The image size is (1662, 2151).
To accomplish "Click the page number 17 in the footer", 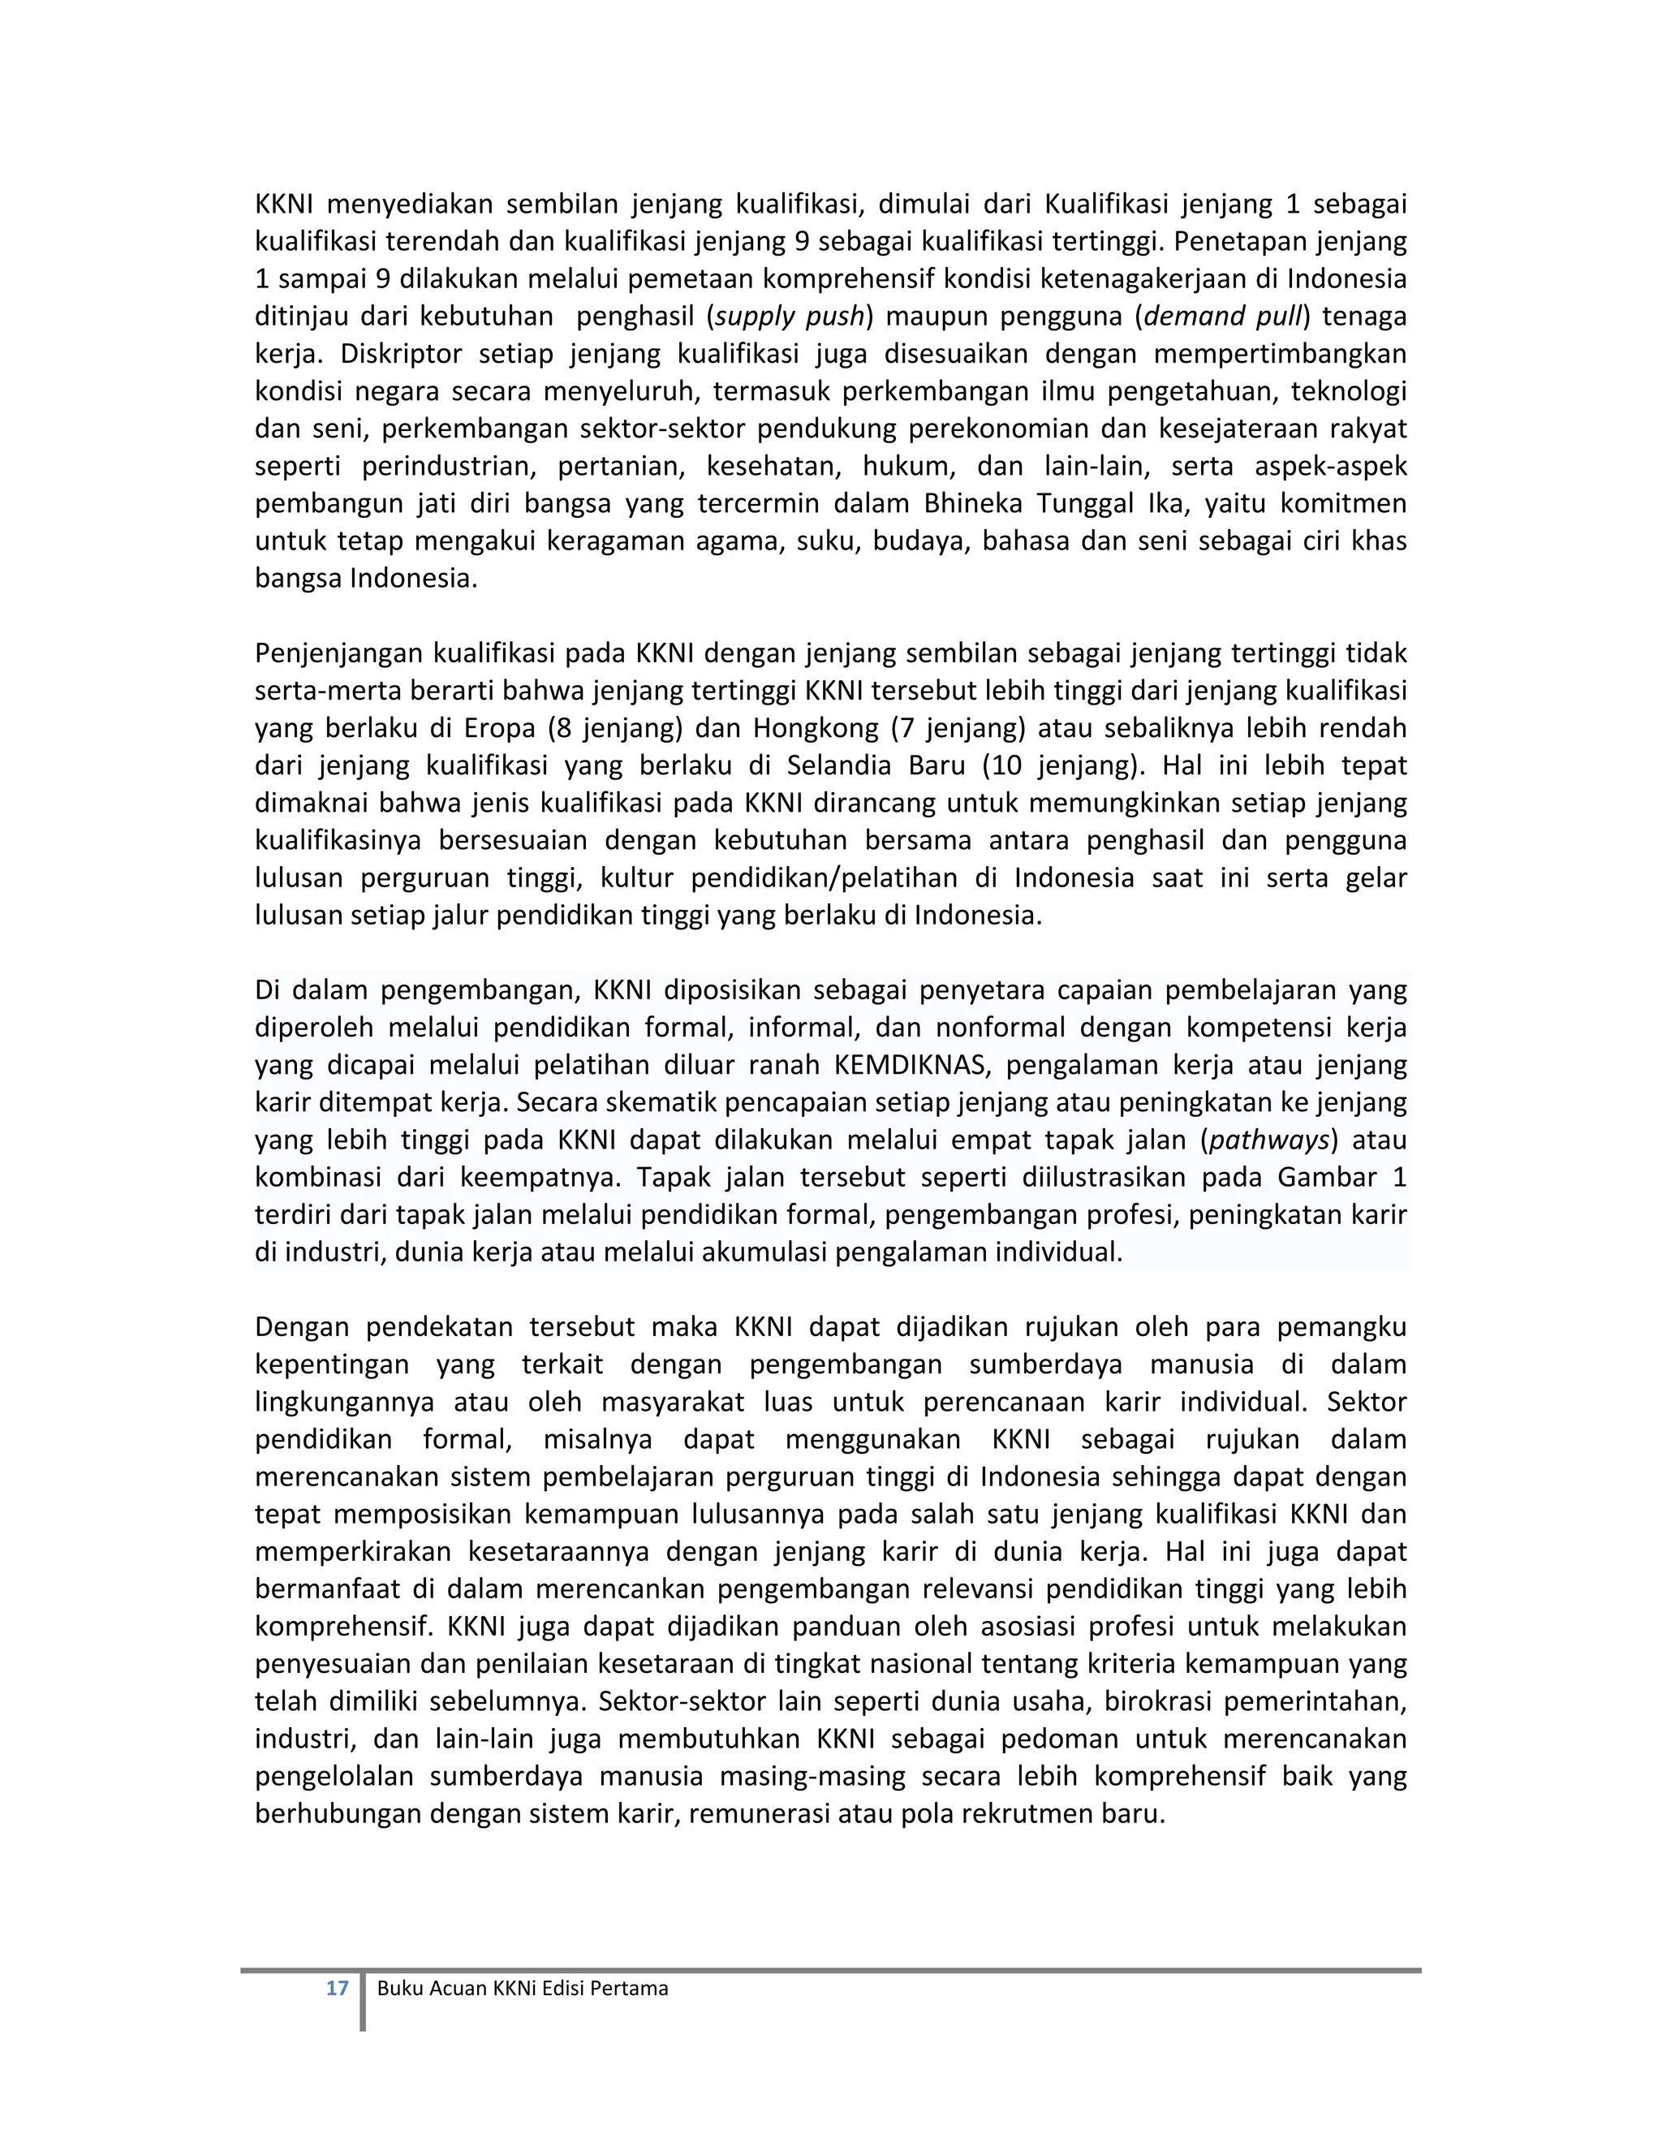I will click(337, 1988).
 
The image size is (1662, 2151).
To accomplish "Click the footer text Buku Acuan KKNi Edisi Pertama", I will click(522, 1988).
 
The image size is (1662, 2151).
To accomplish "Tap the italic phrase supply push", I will click(790, 316).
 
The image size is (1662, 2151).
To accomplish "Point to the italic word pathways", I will click(1269, 1140).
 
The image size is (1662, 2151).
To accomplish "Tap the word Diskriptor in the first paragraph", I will click(401, 354).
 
